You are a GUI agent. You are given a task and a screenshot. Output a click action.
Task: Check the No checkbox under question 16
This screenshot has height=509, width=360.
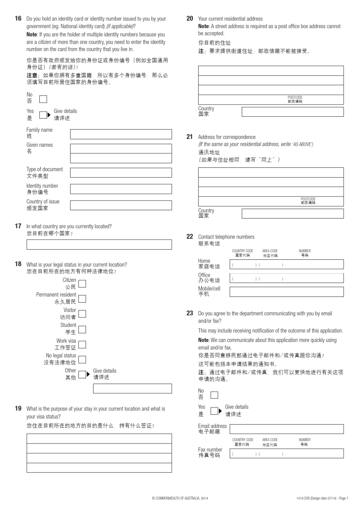tap(43, 99)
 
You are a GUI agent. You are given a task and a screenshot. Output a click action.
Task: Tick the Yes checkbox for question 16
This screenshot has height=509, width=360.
tap(43, 115)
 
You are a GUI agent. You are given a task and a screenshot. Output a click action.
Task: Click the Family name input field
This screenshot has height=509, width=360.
tap(121, 134)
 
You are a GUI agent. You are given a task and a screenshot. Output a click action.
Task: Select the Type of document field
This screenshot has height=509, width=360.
tap(121, 173)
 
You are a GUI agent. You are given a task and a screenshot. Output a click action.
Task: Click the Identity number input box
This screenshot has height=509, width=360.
tap(121, 189)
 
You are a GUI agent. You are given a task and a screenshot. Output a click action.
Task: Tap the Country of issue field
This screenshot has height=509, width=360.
tap(121, 205)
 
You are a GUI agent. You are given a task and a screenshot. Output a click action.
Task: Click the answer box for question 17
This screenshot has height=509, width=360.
tap(99, 245)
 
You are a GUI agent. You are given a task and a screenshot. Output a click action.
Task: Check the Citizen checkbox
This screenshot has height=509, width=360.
tap(82, 284)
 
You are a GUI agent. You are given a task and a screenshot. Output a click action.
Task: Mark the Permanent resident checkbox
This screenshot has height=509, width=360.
tap(82, 299)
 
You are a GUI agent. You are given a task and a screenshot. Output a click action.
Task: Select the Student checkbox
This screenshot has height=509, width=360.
tap(82, 329)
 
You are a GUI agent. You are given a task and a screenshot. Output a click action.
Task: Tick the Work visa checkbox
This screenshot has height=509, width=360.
tap(82, 345)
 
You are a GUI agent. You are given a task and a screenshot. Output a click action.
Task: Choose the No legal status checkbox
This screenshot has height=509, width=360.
tap(82, 360)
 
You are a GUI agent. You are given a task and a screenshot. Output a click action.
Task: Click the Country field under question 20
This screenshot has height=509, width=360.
tap(293, 112)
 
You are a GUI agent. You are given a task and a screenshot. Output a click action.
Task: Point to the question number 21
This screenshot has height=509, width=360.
tap(189, 137)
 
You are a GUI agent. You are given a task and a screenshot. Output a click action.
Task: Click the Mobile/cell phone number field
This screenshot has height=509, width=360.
tap(286, 292)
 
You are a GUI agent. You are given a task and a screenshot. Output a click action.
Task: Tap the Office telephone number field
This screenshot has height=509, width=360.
tap(286, 278)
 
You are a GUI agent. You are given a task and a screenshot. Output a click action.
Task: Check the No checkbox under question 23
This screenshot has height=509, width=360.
tap(214, 395)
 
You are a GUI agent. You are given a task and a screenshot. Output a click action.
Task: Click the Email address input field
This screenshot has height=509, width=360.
tap(286, 429)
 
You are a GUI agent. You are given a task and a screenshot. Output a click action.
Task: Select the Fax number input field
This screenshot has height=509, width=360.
tap(286, 454)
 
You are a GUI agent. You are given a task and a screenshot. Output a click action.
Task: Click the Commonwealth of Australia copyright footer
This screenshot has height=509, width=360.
tap(180, 498)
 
